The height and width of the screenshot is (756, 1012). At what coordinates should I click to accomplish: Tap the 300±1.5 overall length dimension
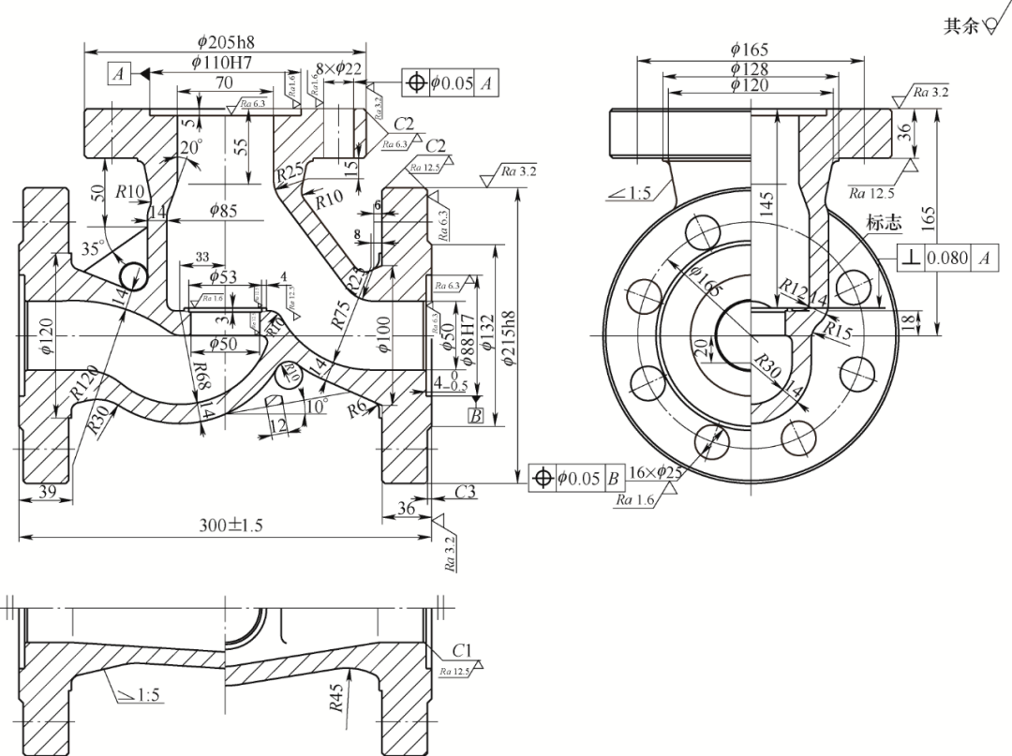click(231, 526)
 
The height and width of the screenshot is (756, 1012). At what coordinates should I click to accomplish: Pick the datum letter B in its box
click(475, 416)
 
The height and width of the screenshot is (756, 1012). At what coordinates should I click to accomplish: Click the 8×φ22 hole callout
click(339, 68)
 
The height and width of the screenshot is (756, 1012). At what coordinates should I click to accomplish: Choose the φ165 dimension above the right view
click(750, 49)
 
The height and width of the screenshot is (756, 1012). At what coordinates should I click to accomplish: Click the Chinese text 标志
click(884, 223)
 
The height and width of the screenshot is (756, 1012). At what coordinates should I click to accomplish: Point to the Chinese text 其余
click(959, 26)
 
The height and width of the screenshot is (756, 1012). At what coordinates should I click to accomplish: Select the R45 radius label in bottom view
click(336, 697)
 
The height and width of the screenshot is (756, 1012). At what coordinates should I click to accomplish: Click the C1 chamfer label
click(461, 650)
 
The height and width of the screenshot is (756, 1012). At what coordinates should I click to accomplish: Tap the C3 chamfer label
click(466, 491)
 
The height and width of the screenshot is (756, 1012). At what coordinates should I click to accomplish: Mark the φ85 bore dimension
click(221, 211)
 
